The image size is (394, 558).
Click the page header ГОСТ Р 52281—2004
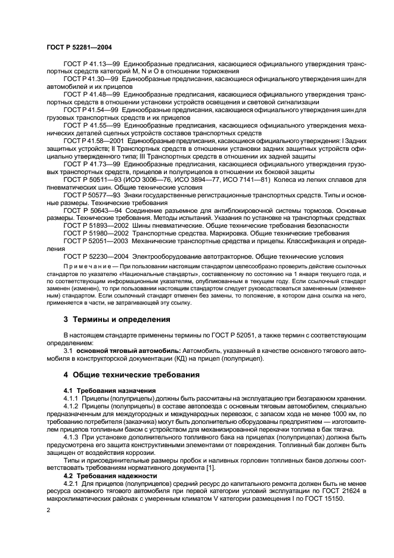point(79,47)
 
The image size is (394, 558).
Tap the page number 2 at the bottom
point(49,510)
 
